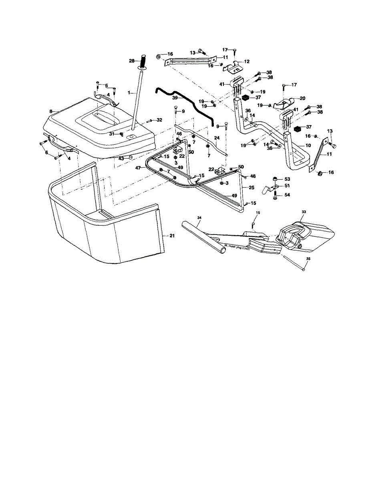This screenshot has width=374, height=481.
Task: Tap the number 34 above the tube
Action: [x=199, y=217]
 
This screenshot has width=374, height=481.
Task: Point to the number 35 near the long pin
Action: [x=308, y=259]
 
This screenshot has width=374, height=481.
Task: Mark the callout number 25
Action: [x=251, y=187]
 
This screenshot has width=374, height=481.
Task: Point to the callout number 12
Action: [x=247, y=61]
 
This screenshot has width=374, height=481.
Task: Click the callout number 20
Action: [x=303, y=98]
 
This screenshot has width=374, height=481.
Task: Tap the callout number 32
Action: [x=159, y=120]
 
